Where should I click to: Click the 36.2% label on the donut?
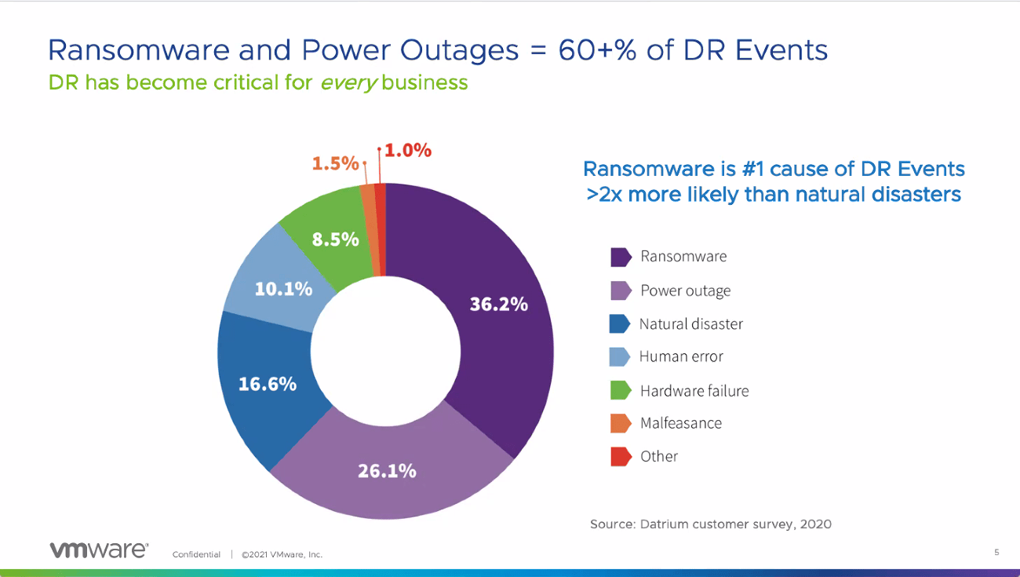tap(498, 304)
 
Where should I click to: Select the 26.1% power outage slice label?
tap(387, 471)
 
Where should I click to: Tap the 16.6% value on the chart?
tap(268, 384)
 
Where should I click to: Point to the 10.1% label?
tap(283, 288)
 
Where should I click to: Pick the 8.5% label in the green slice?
tap(335, 239)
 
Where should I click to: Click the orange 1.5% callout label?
tap(335, 163)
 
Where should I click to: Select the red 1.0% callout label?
tap(407, 151)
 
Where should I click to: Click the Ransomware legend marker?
tap(621, 257)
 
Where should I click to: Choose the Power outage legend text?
tap(685, 290)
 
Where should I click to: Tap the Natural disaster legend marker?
tap(621, 323)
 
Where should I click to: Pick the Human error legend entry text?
tap(681, 356)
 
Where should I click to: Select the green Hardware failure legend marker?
tap(621, 390)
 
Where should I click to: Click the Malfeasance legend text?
tap(680, 423)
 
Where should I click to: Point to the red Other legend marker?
tap(621, 456)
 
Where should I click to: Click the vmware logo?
tap(98, 550)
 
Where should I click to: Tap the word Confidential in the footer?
tap(196, 554)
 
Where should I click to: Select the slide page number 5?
tap(996, 553)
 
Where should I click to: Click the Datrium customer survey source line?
tap(710, 524)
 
